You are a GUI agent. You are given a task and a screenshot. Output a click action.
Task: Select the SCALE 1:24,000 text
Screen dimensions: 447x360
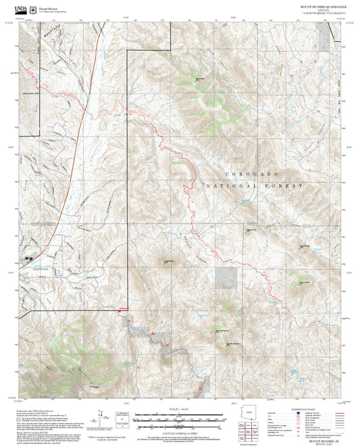pos(180,409)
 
